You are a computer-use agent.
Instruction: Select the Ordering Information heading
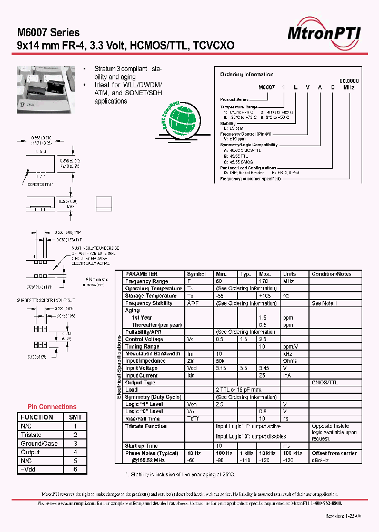(246, 75)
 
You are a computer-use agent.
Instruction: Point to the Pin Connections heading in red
(52, 406)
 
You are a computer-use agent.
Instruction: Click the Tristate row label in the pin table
(31, 435)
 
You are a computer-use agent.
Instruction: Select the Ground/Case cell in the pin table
(38, 444)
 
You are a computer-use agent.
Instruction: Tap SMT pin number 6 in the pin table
(75, 469)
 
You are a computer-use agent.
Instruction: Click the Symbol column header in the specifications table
(196, 274)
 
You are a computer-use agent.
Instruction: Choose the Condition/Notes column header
(331, 274)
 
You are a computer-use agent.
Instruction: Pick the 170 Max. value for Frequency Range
(264, 281)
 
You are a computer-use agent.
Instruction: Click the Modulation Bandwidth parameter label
(153, 354)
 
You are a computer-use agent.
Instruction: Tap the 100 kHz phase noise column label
(293, 453)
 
